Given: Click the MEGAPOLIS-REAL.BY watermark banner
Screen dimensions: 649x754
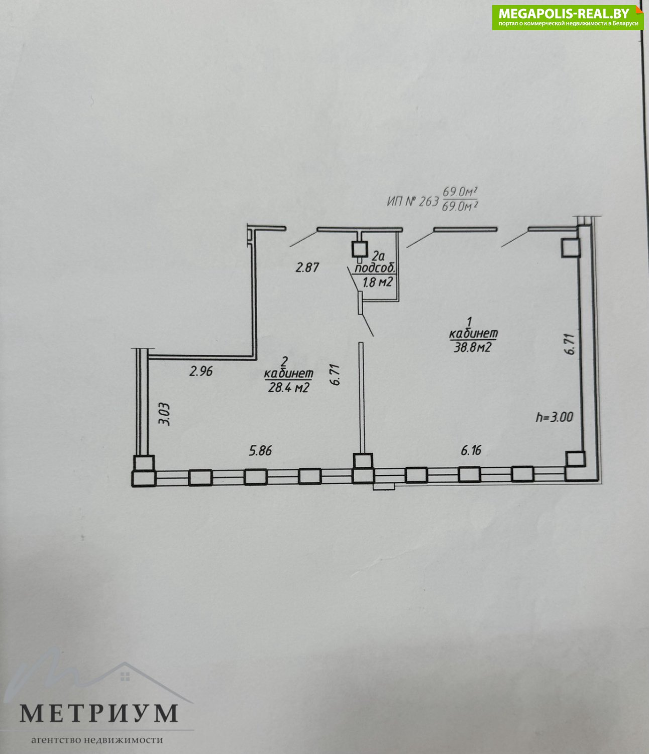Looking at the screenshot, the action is [x=568, y=18].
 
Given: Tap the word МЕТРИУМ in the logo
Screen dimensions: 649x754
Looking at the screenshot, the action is [x=99, y=714].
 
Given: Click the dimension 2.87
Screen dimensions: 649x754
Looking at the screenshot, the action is [x=307, y=268].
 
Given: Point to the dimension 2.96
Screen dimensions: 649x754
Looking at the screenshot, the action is [x=201, y=371].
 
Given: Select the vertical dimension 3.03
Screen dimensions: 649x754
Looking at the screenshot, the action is [x=165, y=414].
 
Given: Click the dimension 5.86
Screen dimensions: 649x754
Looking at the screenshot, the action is [x=260, y=451].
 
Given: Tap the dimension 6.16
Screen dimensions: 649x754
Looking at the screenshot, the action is [x=471, y=450].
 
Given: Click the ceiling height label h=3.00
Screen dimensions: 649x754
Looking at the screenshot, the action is [x=555, y=417].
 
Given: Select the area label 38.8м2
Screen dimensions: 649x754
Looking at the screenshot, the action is [x=473, y=348].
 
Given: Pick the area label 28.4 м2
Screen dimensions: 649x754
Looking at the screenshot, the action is [x=288, y=388].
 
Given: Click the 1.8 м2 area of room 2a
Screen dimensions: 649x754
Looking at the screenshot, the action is [x=377, y=281].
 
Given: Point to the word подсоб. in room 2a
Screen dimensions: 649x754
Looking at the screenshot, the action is [x=376, y=268].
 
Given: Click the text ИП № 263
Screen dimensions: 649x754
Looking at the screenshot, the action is [x=412, y=201].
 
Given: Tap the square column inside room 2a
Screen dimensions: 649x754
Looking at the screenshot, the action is [x=360, y=250].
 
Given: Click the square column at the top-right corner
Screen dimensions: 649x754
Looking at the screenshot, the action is [x=570, y=248].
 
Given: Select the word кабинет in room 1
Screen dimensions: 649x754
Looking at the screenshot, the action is [x=473, y=333].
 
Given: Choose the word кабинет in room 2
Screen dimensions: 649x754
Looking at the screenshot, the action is [x=288, y=373].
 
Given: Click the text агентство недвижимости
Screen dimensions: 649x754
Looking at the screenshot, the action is [x=97, y=740].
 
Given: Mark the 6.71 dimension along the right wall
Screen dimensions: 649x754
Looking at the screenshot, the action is [x=571, y=344].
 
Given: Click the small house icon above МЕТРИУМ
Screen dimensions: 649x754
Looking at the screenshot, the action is [x=125, y=677].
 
